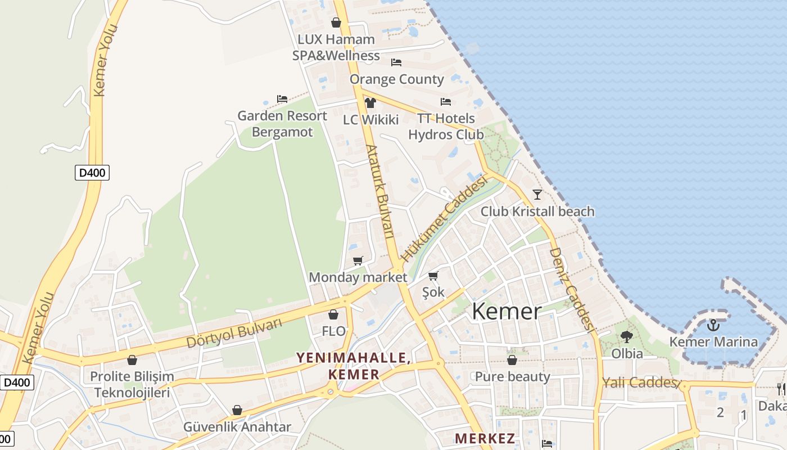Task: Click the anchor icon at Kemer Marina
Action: (x=713, y=325)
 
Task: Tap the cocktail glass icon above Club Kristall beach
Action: (x=537, y=195)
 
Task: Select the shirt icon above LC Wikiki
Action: (x=370, y=102)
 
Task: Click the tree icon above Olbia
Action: (x=626, y=337)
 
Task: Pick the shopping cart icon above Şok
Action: (x=433, y=276)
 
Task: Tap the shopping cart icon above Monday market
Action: (x=358, y=260)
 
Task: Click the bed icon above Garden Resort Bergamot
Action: (x=282, y=99)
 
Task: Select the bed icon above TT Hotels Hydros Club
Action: (x=446, y=102)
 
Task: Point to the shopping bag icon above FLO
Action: (x=333, y=314)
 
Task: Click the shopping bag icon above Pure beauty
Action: (x=512, y=360)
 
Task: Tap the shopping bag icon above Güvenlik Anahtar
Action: (x=237, y=410)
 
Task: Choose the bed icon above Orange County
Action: (x=396, y=62)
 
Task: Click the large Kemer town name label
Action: (x=506, y=311)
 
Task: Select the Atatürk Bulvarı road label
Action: (x=381, y=191)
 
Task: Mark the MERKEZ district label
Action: (x=485, y=438)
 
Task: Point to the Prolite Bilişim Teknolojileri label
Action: (x=132, y=384)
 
